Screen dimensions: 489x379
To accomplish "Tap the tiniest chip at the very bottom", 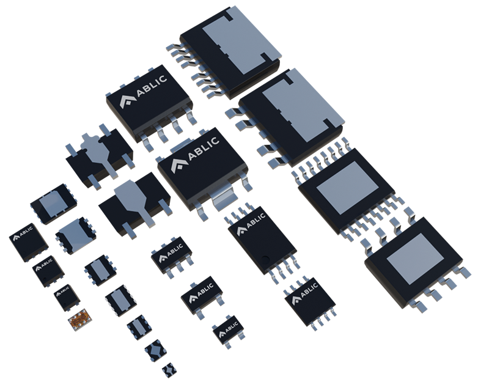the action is (x=169, y=370).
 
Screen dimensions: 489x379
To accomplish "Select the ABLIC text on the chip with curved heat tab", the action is (x=204, y=148).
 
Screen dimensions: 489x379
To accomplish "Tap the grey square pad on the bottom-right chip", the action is (x=415, y=259).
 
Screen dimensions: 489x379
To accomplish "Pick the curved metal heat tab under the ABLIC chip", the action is (x=223, y=199).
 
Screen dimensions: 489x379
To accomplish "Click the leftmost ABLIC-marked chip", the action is (x=28, y=242).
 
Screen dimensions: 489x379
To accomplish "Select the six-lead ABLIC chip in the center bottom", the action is (x=172, y=256).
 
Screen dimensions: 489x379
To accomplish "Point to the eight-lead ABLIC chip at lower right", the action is (x=310, y=301).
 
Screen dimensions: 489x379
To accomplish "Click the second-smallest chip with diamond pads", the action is (x=156, y=350).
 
